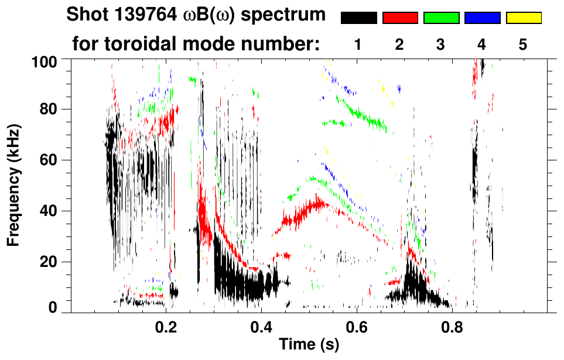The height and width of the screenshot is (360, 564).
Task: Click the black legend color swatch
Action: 359,18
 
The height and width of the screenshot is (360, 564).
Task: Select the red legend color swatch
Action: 400,18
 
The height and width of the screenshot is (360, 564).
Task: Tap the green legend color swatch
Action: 441,18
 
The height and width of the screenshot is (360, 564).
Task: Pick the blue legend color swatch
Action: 482,18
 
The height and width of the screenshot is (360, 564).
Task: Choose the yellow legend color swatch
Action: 523,18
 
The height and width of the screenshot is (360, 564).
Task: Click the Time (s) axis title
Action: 309,345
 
